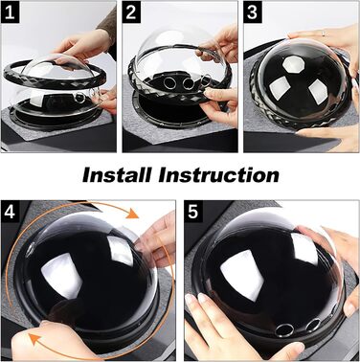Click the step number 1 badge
click(x=10, y=13)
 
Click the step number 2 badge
click(x=131, y=13)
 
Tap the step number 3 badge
click(x=252, y=13)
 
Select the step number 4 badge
click(x=10, y=211)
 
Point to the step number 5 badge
click(x=193, y=211)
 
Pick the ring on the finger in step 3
click(x=324, y=33)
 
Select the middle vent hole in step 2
click(x=189, y=83)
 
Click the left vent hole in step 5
click(x=284, y=329)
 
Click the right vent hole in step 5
click(x=312, y=325)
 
